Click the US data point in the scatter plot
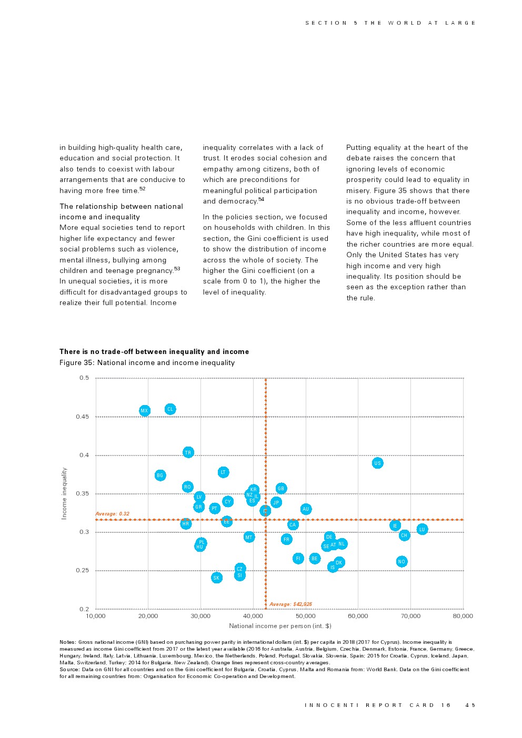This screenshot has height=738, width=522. point(377,463)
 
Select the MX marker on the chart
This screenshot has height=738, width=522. point(144,411)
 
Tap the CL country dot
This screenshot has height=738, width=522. point(170,409)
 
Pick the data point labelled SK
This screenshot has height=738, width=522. point(216,578)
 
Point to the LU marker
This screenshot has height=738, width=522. point(422,529)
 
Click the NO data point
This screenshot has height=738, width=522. point(401,562)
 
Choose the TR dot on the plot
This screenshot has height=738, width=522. point(188,452)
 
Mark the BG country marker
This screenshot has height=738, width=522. point(160,475)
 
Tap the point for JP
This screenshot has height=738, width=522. point(276,502)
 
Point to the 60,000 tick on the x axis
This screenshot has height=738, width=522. point(358,616)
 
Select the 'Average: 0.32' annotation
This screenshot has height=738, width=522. point(112,514)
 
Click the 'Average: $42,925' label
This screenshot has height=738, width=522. point(290,604)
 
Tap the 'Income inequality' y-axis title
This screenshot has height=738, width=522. point(64,493)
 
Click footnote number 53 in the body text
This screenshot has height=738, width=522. point(177,269)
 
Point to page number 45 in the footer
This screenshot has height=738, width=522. point(470,705)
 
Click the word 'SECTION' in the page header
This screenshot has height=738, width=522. point(326,23)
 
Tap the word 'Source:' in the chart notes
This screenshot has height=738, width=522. point(69,670)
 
